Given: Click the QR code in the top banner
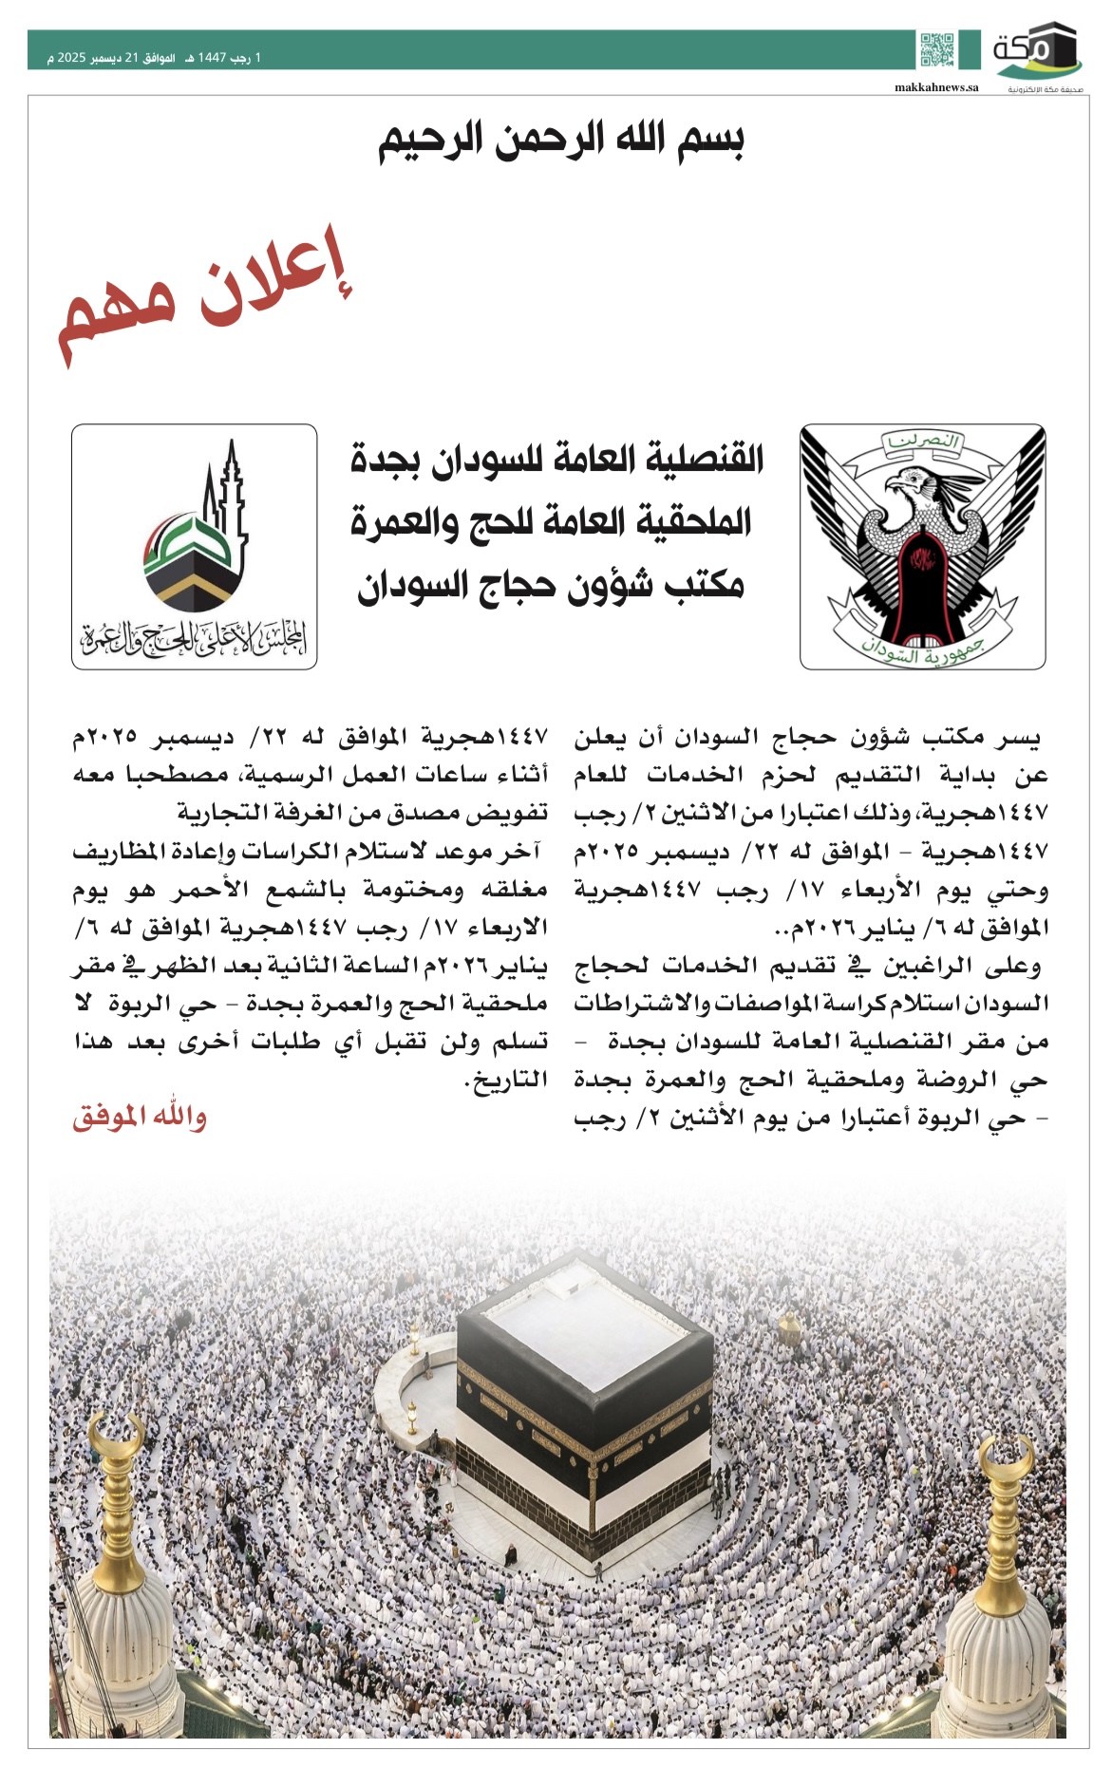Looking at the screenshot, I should click(936, 49).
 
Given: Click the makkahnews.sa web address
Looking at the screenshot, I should click(935, 87).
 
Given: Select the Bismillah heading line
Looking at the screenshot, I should click(560, 141).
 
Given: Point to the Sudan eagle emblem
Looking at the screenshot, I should click(922, 547).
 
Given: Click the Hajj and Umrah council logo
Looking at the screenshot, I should click(195, 547).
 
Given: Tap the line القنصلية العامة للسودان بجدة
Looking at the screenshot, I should click(557, 461).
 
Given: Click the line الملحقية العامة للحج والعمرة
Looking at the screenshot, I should click(551, 522).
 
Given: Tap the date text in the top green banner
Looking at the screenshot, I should click(155, 58).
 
